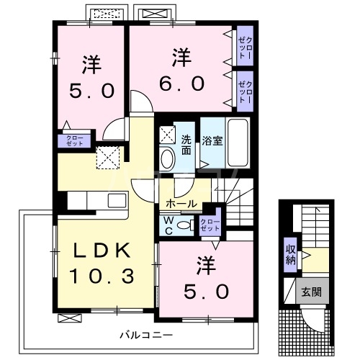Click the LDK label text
(103, 251)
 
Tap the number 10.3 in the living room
(102, 276)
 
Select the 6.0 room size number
(182, 84)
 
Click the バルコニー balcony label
(146, 335)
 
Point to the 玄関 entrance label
(312, 292)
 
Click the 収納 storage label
(290, 255)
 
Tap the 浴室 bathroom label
(212, 141)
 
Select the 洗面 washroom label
(186, 145)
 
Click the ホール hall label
(181, 204)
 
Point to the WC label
(169, 225)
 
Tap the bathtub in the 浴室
(238, 143)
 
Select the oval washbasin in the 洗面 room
(167, 158)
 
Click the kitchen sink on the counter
(117, 201)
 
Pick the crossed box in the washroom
(167, 134)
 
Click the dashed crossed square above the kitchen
(108, 158)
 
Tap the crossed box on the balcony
(70, 318)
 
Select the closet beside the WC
(210, 225)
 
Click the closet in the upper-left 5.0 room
(74, 141)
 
